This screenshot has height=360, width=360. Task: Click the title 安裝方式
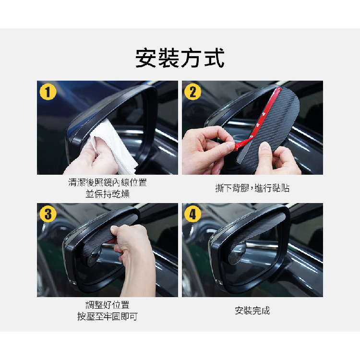click(x=180, y=58)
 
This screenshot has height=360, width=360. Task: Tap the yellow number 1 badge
click(x=48, y=92)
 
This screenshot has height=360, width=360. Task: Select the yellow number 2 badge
click(x=192, y=92)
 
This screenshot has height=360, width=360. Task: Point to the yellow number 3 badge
click(x=48, y=214)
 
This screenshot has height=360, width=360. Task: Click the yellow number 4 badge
click(x=192, y=214)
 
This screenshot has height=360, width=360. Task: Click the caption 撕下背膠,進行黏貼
click(x=252, y=188)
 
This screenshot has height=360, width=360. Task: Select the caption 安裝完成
click(x=252, y=311)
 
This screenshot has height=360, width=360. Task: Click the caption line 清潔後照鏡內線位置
click(x=108, y=182)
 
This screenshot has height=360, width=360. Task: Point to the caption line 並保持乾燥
click(x=108, y=194)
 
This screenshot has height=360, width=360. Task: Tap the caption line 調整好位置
click(x=108, y=305)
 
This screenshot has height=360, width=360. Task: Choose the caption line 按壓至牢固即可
click(x=108, y=316)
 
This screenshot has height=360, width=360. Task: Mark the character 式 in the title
click(x=214, y=58)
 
